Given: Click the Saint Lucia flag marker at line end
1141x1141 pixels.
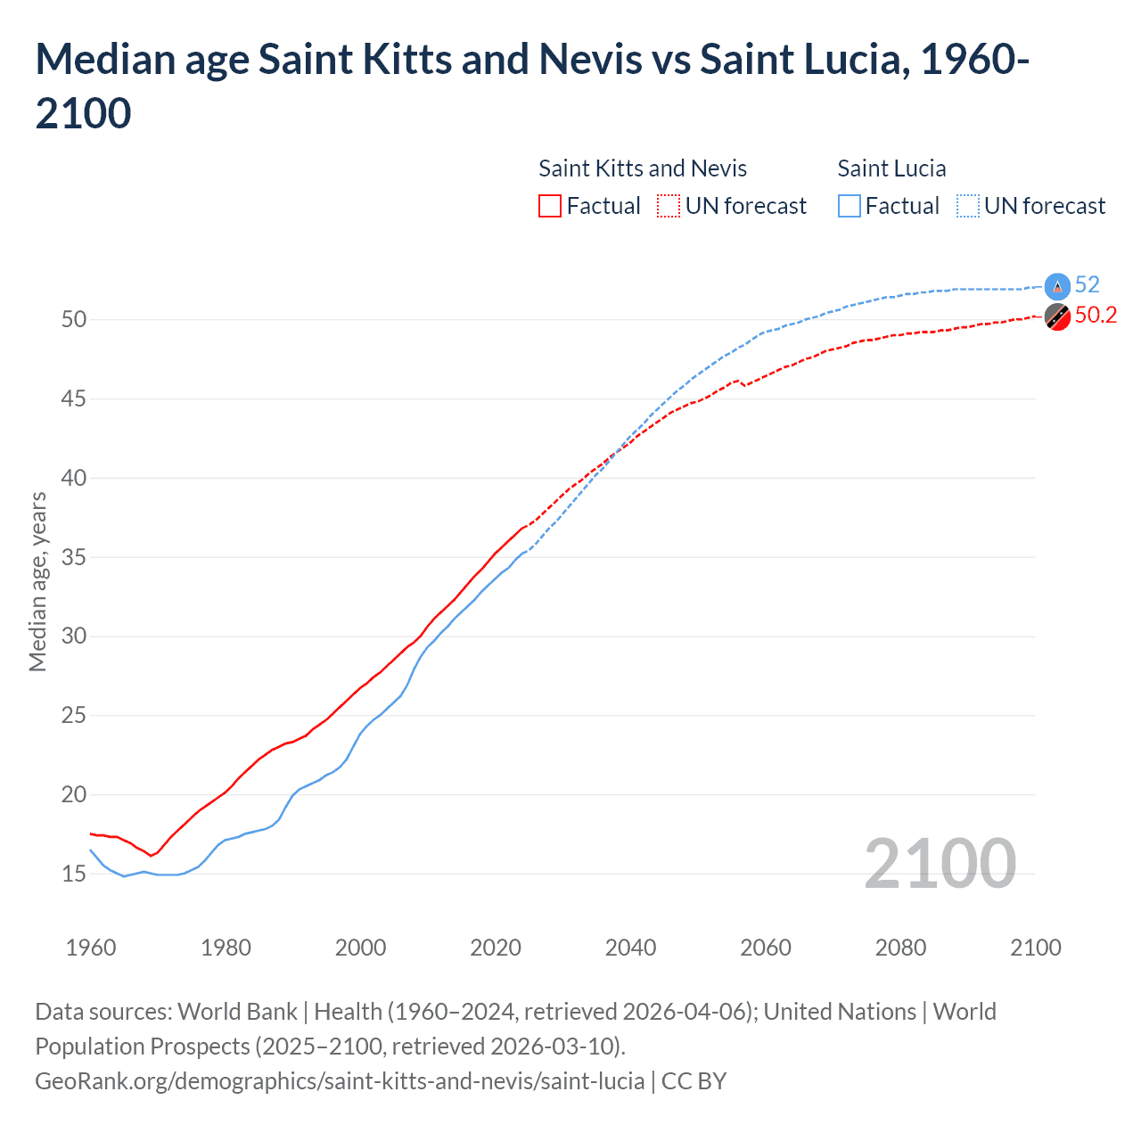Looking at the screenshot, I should [x=1057, y=286].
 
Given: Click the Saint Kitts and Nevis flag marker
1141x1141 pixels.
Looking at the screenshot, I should [x=1057, y=316].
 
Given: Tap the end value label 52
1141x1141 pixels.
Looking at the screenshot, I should [x=1087, y=284].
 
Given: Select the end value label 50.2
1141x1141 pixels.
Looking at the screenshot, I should [x=1096, y=316].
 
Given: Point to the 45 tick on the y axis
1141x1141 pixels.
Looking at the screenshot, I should [x=73, y=398].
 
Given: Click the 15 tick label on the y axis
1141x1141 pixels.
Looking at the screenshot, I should [x=73, y=874].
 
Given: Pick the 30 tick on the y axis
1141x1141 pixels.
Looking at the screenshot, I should [x=73, y=636].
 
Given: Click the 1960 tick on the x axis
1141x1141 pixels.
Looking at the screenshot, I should [x=91, y=948].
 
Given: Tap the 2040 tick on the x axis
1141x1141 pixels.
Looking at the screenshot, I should [x=630, y=948].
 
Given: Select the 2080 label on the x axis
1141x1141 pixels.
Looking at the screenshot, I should [x=900, y=948].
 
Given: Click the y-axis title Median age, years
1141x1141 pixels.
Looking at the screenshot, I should [x=37, y=581].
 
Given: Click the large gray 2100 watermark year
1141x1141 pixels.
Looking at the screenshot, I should [x=940, y=864].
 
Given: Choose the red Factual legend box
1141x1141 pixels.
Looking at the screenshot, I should [x=550, y=206].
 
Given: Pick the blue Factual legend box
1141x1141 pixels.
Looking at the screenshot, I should [x=850, y=206].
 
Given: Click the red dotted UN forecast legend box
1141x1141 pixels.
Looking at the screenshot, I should [x=669, y=206].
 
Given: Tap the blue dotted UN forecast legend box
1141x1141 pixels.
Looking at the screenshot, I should [x=968, y=206].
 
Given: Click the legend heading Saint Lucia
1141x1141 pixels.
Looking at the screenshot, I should [x=891, y=168].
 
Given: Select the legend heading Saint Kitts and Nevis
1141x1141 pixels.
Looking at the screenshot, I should [x=643, y=168].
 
